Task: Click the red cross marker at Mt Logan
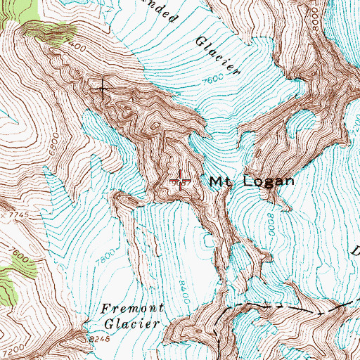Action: coord(181,181)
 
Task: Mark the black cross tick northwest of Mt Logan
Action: coord(104,88)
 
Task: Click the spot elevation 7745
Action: coord(9,214)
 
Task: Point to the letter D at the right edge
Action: coord(355,251)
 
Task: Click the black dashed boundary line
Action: coord(281,308)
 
